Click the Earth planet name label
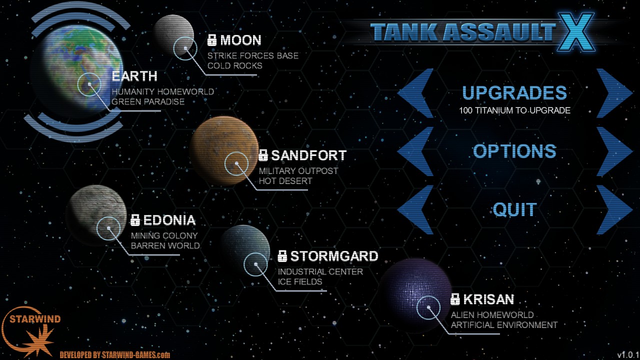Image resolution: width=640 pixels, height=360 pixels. pos(134,76)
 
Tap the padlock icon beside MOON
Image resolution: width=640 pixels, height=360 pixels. pos(212,40)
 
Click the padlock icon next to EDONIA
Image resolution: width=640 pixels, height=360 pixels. pos(135,220)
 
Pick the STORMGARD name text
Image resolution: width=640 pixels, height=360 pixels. pos(334,256)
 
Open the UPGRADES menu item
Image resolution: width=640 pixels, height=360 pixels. pos(514,93)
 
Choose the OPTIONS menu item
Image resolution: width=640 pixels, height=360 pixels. pos(514,151)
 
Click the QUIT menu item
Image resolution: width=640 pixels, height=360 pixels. pos(514,209)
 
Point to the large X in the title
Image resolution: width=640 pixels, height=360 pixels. pos(575,31)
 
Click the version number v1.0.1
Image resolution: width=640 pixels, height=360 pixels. pos(627,355)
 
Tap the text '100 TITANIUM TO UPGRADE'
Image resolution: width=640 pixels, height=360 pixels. pos(514,110)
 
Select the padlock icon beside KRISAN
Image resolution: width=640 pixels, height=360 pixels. pos(455,299)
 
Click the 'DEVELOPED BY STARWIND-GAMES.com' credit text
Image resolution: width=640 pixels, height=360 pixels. pos(114,355)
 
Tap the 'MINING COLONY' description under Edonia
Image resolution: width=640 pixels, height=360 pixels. pos(164,235)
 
